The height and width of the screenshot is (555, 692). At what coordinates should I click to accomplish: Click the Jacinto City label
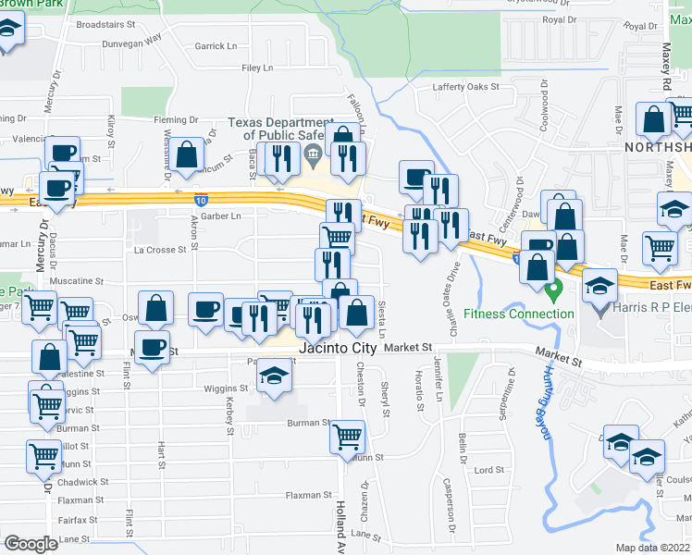point(340,349)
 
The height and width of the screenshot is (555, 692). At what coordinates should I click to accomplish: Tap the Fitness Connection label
point(519,314)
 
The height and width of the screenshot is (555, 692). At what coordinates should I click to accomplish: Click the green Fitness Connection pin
point(554,292)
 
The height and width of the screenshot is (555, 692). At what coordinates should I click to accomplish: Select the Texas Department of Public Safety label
point(281,129)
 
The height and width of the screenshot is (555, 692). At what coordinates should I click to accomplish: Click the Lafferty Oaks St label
point(466,87)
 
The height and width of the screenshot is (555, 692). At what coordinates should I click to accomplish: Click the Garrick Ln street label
point(216,45)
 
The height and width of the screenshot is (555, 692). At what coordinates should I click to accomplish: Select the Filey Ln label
point(257,68)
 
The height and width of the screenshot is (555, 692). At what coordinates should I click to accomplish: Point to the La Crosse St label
point(161,249)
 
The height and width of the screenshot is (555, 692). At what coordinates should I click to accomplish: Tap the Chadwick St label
point(82,482)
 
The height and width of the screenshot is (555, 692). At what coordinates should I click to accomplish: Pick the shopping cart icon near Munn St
point(347,436)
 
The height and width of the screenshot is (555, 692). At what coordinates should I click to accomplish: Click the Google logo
point(31,544)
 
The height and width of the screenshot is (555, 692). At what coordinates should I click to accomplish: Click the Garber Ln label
point(221,216)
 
